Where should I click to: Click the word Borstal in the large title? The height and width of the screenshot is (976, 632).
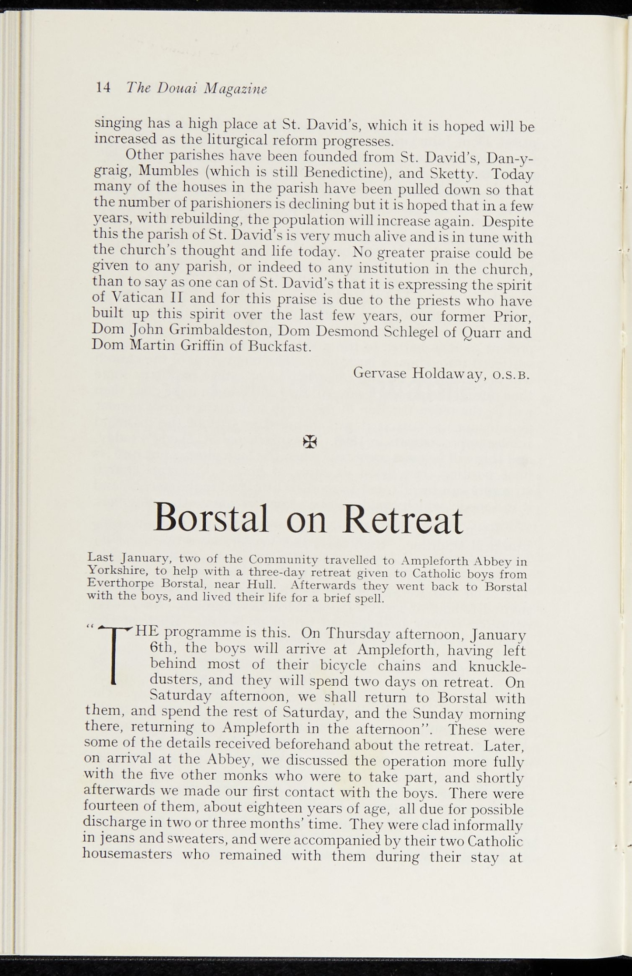point(211,518)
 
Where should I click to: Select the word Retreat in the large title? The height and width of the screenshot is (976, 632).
point(402,519)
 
